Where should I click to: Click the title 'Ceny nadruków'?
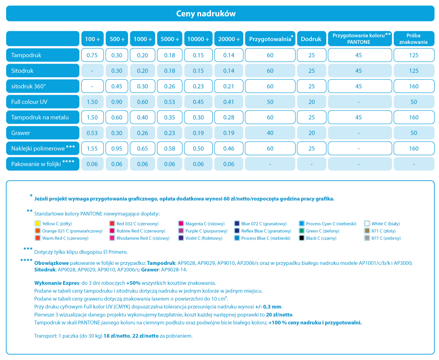(x=206, y=14)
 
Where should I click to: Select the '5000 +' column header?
(x=170, y=39)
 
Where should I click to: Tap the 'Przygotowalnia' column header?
(x=270, y=39)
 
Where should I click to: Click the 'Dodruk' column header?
(x=311, y=39)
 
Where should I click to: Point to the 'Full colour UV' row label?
(x=29, y=102)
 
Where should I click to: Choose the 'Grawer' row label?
(x=21, y=133)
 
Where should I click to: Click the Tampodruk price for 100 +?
(x=92, y=55)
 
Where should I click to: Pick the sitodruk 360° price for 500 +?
(x=117, y=86)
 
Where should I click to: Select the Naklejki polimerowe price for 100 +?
(x=92, y=148)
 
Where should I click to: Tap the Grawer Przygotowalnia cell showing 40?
(x=270, y=133)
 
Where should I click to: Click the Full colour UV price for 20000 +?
(x=228, y=102)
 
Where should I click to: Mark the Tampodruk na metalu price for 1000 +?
(x=143, y=117)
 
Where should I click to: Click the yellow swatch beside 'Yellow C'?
(x=38, y=223)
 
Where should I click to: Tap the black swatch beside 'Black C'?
(x=302, y=238)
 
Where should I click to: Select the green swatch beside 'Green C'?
(x=302, y=231)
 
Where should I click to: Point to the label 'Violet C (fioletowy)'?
(x=204, y=238)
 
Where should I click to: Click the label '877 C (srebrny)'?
(x=386, y=238)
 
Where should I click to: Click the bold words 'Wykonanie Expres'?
(x=57, y=283)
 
